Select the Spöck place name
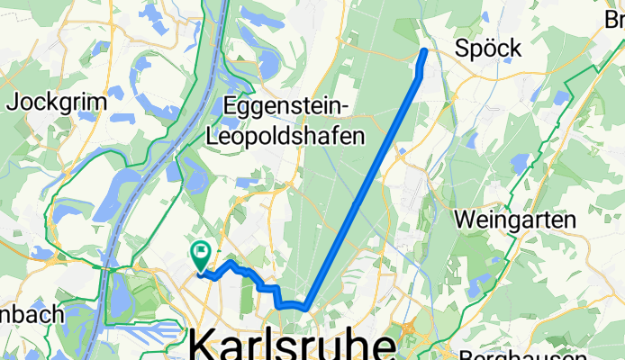488,49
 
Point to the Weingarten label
514,219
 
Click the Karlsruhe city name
293,346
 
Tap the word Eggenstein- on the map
287,105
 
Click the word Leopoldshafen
286,136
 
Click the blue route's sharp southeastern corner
309,309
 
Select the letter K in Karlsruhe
205,346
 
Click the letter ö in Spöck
489,49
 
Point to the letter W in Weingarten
465,219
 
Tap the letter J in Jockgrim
11,102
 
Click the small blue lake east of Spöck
564,97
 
